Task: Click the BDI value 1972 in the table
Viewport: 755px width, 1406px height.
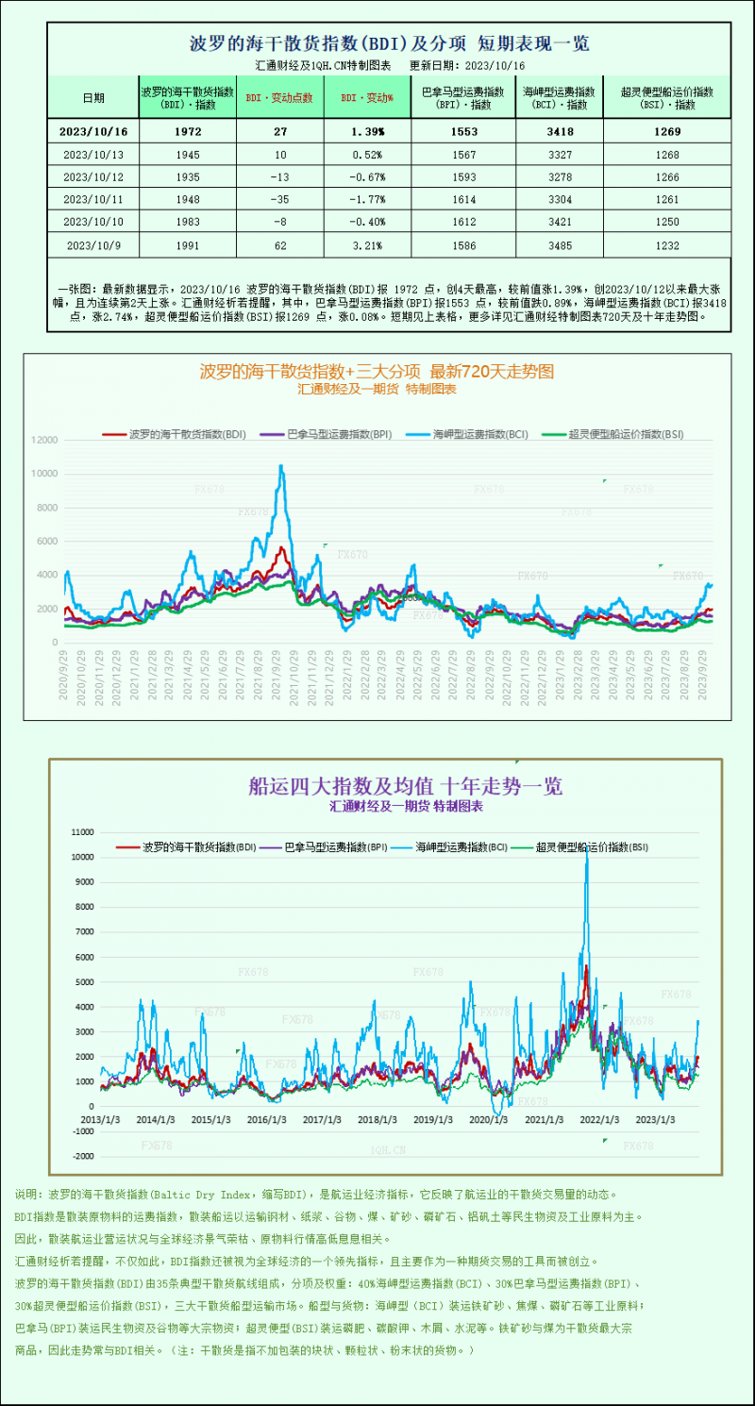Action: click(x=187, y=131)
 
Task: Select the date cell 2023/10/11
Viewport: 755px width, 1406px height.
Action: click(x=92, y=199)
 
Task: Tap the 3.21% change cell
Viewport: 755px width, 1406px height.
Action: click(x=367, y=244)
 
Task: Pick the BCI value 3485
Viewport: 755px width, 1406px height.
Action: click(x=559, y=244)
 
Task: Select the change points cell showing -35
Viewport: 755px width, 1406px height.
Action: click(x=279, y=199)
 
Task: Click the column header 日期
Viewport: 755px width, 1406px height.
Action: click(x=92, y=97)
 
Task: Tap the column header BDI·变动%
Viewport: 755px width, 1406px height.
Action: click(x=367, y=97)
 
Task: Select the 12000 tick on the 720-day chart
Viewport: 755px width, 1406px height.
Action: click(x=44, y=440)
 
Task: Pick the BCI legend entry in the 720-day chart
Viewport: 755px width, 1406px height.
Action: click(x=479, y=434)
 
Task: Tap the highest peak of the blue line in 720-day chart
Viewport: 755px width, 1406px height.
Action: click(x=280, y=465)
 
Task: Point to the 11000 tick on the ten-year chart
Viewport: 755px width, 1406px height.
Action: click(x=83, y=832)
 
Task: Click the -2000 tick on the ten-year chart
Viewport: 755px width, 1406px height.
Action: click(x=83, y=1156)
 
